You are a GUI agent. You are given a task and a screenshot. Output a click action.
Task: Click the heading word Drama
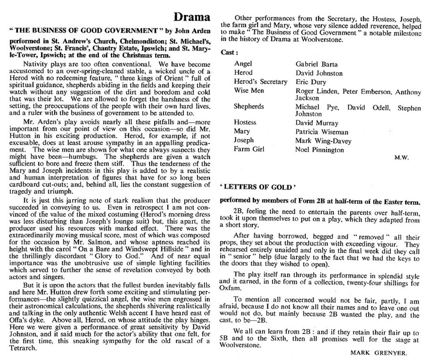coord(192,18)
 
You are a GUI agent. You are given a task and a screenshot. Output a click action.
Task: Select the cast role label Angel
coord(243,64)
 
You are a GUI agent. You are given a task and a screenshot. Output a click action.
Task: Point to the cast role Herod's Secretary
coord(260,81)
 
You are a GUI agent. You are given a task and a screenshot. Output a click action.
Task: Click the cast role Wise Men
coord(249,91)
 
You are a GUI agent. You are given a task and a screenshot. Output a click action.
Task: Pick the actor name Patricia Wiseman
coord(322,132)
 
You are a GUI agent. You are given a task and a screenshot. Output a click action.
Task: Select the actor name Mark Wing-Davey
coord(323,141)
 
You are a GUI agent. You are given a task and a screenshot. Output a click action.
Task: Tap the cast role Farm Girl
coord(249,149)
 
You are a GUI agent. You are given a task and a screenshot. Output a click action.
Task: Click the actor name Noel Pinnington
coord(319,150)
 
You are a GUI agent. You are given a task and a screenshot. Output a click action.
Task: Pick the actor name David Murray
coord(317,123)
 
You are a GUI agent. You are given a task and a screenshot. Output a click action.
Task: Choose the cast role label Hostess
coord(245,122)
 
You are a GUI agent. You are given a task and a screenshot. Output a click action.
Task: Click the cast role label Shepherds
coord(249,107)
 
